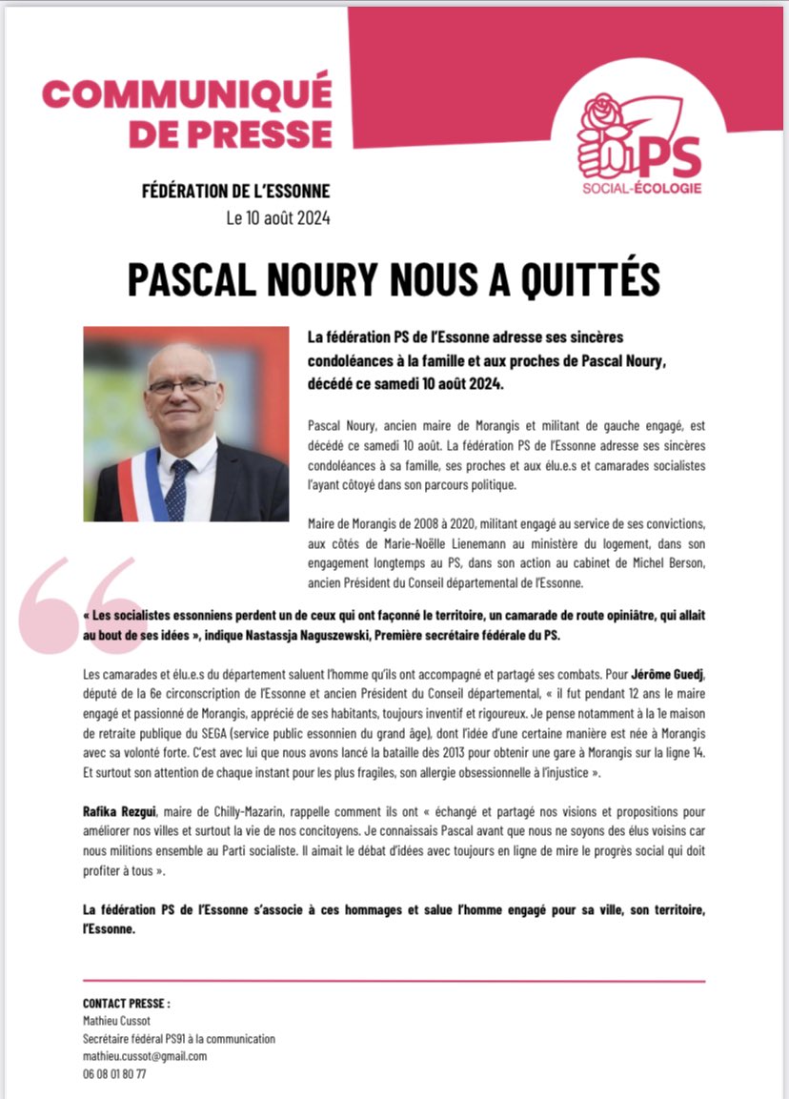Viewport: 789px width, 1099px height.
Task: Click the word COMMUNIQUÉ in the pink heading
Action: coord(187,94)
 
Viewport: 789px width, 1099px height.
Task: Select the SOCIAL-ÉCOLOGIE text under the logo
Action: coord(641,188)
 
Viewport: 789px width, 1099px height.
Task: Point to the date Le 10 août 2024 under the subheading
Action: coord(278,218)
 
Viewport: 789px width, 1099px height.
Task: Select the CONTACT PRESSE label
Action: coord(127,1004)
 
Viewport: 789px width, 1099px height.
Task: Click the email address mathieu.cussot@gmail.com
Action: coord(145,1056)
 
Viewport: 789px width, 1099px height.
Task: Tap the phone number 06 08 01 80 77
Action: coord(114,1073)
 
